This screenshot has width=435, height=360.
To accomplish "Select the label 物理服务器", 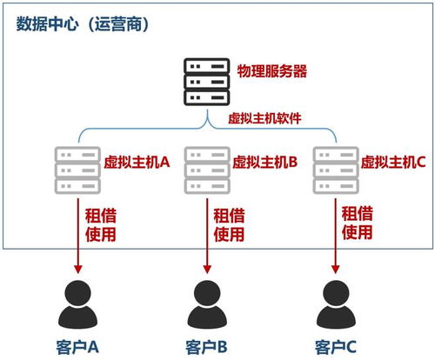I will pyautogui.click(x=265, y=69).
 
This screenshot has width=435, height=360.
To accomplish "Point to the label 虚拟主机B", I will pyautogui.click(x=265, y=161).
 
